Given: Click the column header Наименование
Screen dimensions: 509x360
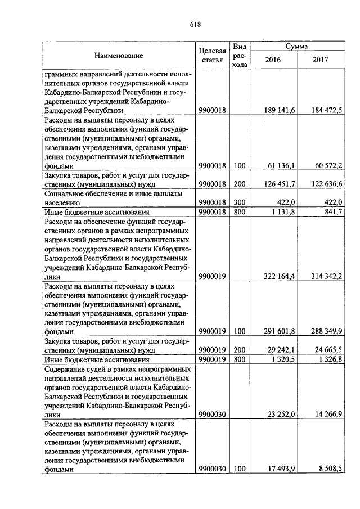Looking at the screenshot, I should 118,56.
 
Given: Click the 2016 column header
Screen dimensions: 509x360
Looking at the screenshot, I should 273,61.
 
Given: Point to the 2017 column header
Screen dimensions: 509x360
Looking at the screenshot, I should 320,61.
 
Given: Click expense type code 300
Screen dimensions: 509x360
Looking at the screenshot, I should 240,202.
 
